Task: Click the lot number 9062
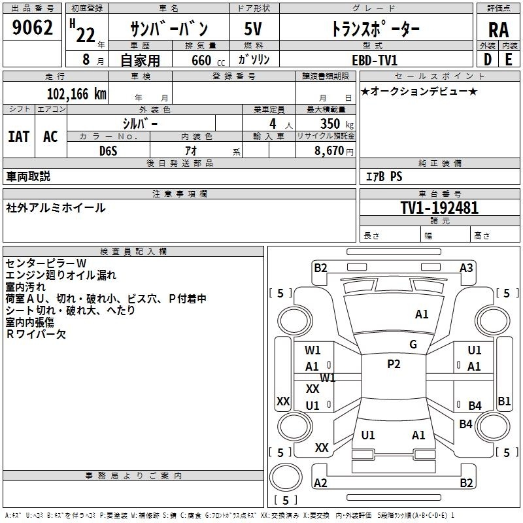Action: [x=32, y=27]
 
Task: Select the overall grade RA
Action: [x=498, y=30]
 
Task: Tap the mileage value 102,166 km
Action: [x=76, y=94]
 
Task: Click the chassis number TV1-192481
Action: [x=439, y=208]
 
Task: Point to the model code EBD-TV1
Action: [x=375, y=60]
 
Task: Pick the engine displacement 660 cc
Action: [x=208, y=60]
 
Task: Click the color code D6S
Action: [x=109, y=151]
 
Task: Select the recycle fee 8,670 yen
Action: [x=333, y=151]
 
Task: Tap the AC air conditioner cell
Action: [x=51, y=136]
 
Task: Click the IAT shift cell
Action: [x=19, y=136]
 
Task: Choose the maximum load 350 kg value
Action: [x=337, y=124]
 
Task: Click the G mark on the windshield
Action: [x=413, y=344]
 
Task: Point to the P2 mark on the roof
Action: [x=394, y=364]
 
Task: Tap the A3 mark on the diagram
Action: [x=466, y=268]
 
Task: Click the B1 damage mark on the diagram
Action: [x=504, y=401]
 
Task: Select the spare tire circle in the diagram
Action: [x=286, y=477]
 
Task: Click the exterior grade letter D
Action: [x=487, y=59]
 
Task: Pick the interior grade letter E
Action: [x=509, y=59]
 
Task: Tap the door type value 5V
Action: [x=253, y=29]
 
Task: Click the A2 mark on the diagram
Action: [x=320, y=482]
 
